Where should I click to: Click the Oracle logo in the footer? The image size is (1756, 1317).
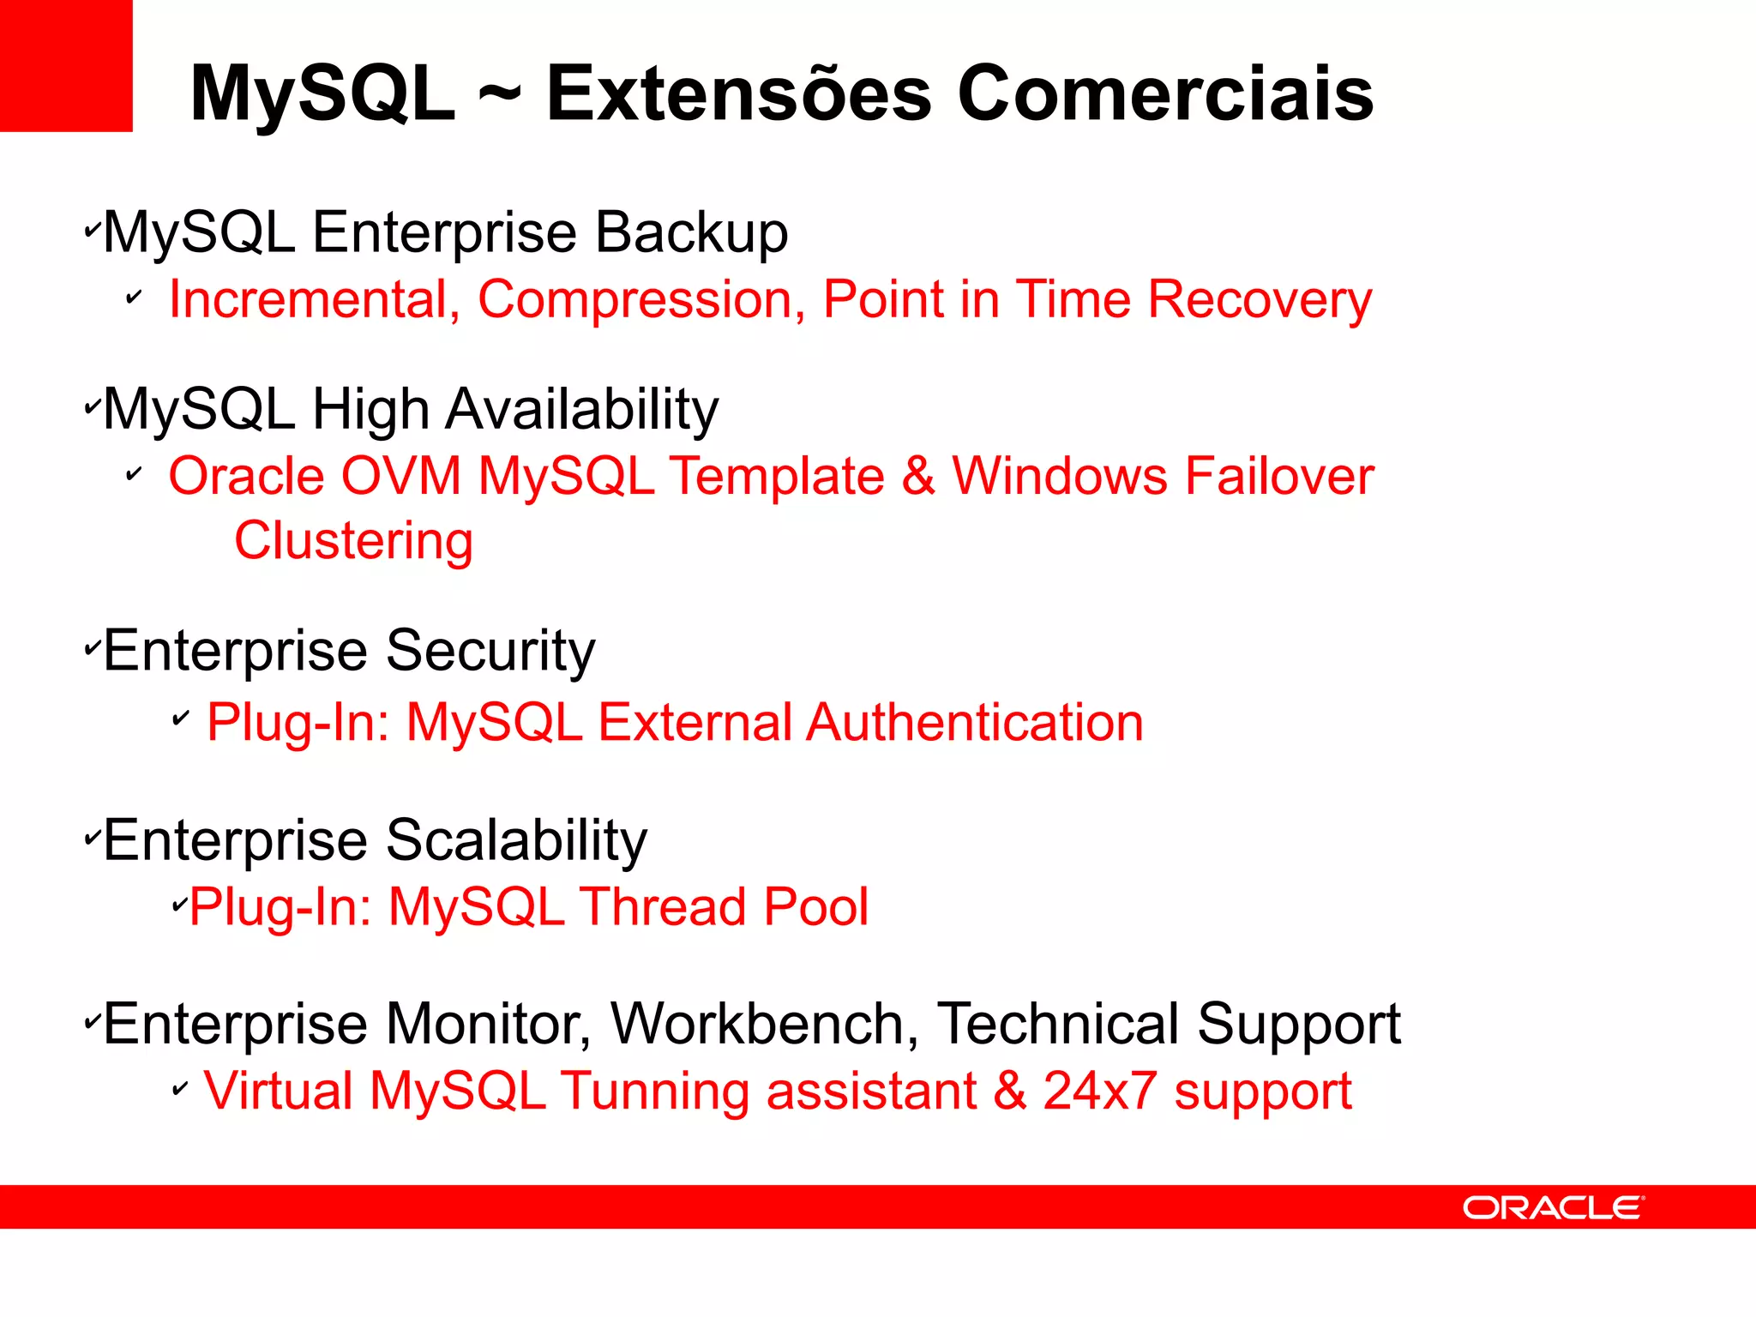point(1553,1207)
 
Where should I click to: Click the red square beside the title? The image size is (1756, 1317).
point(66,66)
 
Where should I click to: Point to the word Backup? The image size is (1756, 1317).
point(691,232)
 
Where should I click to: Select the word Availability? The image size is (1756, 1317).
point(582,409)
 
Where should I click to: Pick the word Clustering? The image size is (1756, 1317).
point(353,542)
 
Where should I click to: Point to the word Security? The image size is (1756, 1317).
point(490,652)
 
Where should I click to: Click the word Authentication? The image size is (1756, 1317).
point(975,722)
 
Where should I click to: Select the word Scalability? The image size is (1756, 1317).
point(516,840)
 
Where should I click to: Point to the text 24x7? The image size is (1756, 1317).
point(1100,1091)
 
